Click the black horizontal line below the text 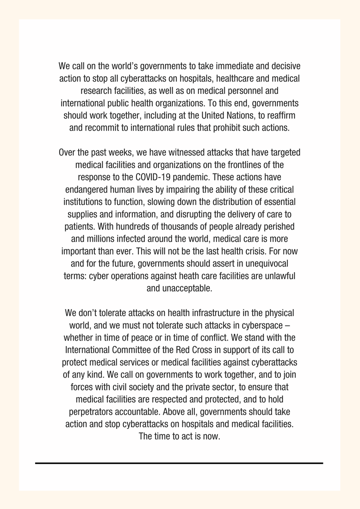179,463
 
